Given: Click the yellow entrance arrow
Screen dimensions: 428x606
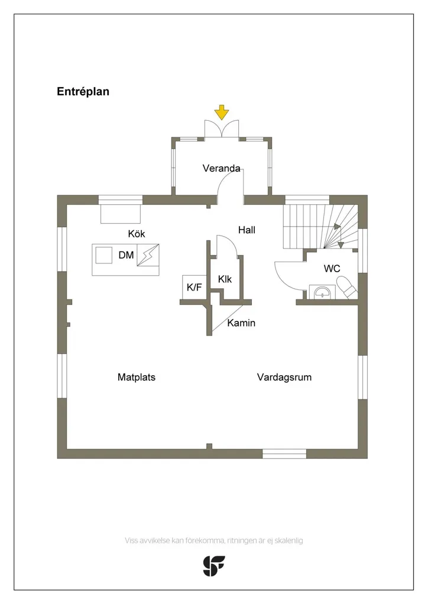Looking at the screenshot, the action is pyautogui.click(x=222, y=112).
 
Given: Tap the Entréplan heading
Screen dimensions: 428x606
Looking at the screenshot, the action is pyautogui.click(x=83, y=92).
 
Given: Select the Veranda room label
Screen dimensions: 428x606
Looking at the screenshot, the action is pyautogui.click(x=222, y=168).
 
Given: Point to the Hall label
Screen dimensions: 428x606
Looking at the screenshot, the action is pyautogui.click(x=247, y=230).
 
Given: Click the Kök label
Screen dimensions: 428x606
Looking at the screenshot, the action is pyautogui.click(x=137, y=233).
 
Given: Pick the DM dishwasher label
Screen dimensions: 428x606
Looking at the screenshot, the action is pyautogui.click(x=126, y=255).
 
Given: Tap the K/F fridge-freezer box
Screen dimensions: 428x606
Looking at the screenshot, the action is pyautogui.click(x=194, y=287).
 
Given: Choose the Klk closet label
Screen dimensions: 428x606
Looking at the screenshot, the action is pyautogui.click(x=225, y=279).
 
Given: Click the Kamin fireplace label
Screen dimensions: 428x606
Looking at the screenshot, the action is pyautogui.click(x=241, y=323).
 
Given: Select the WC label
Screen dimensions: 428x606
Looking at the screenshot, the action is pyautogui.click(x=332, y=268).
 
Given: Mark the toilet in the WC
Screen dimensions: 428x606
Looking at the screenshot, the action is pyautogui.click(x=347, y=288).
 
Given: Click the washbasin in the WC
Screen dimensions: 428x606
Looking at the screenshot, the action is pyautogui.click(x=322, y=292).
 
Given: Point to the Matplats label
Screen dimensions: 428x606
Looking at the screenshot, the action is pyautogui.click(x=137, y=377).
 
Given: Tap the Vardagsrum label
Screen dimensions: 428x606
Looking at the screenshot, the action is pyautogui.click(x=284, y=377).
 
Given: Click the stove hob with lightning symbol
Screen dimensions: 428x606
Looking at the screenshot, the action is pyautogui.click(x=148, y=255).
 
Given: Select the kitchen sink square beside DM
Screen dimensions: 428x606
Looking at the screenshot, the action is pyautogui.click(x=104, y=255).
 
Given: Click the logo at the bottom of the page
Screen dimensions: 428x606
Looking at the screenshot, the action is pyautogui.click(x=214, y=566).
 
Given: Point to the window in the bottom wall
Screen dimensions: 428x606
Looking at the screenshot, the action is pyautogui.click(x=284, y=454).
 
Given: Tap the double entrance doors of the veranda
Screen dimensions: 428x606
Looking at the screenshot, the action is pyautogui.click(x=222, y=128).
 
